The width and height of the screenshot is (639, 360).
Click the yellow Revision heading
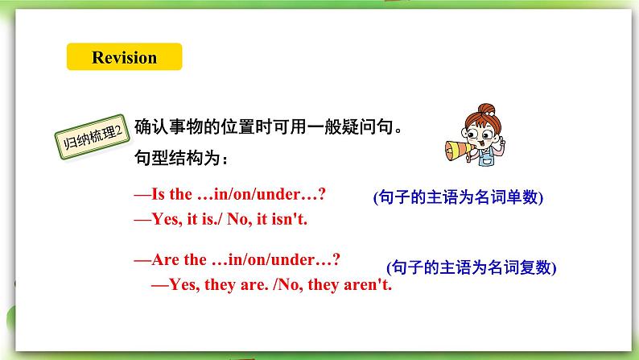click(124, 57)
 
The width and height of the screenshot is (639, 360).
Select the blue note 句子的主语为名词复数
click(471, 267)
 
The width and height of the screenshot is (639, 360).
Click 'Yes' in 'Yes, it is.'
click(156, 218)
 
